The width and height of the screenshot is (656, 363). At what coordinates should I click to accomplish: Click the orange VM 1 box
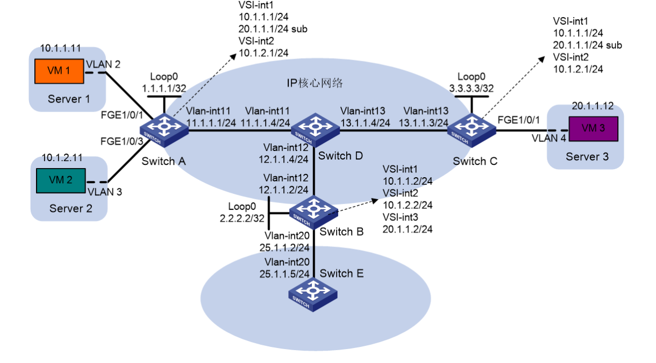point(59,71)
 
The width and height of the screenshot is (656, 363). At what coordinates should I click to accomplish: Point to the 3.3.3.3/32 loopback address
point(472,88)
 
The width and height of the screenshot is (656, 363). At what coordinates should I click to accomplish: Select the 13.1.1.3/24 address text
point(426,122)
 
